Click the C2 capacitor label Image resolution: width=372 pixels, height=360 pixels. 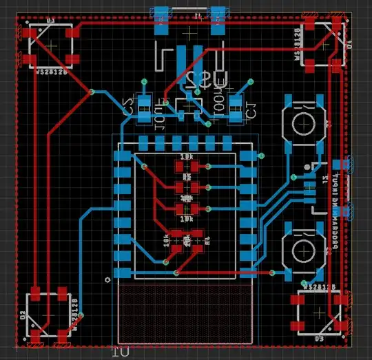[x=127, y=107]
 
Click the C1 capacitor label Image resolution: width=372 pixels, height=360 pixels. [x=251, y=107]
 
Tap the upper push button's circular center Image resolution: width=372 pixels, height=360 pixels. [x=303, y=124]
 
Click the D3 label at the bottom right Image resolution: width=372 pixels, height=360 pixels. [x=319, y=339]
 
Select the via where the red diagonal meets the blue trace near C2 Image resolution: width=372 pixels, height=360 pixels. [x=92, y=92]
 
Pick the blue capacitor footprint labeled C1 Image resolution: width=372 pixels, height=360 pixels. [x=236, y=109]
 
